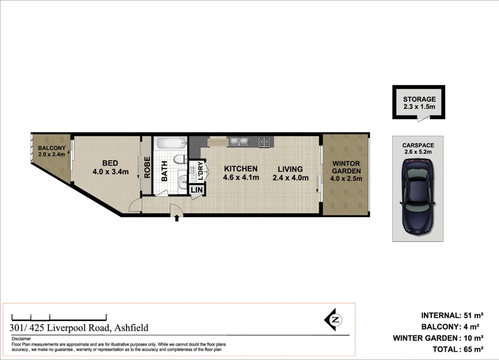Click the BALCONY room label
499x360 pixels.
51,151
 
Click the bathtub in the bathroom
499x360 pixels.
170,144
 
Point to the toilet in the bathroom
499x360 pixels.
178,160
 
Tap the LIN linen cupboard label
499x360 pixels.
196,190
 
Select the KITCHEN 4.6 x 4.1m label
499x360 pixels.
241,173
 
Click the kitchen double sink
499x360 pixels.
239,142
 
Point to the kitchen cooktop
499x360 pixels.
264,142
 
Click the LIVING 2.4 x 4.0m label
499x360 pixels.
290,173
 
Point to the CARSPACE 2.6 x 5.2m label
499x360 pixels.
417,148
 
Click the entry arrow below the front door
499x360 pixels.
176,219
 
